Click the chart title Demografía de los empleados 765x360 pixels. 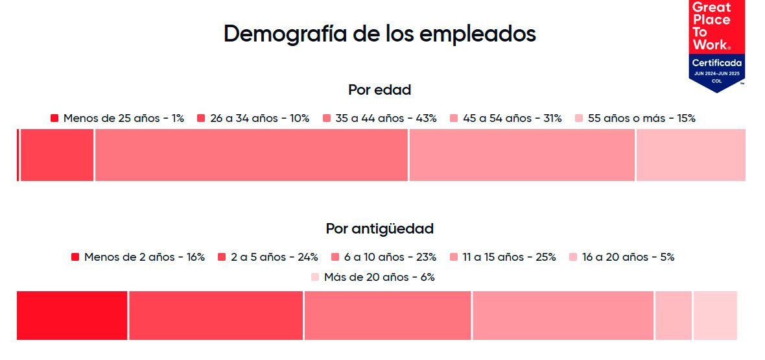point(380,34)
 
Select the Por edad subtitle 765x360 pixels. point(379,90)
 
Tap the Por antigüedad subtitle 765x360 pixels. point(379,228)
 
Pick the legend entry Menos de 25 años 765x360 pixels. point(117,118)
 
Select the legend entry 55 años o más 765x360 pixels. point(635,118)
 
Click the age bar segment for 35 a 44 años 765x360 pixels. point(251,155)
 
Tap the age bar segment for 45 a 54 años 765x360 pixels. point(522,155)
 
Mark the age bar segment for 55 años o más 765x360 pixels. point(690,155)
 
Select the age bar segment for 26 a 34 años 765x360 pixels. point(57,155)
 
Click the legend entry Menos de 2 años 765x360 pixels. point(138,257)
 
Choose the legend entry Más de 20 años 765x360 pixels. point(373,277)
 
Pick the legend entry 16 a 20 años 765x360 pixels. point(622,257)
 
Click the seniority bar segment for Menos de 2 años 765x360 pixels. point(72,315)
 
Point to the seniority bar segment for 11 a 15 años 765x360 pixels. point(563,315)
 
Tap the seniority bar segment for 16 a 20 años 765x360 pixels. point(674,315)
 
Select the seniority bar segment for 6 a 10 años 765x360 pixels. point(387,315)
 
